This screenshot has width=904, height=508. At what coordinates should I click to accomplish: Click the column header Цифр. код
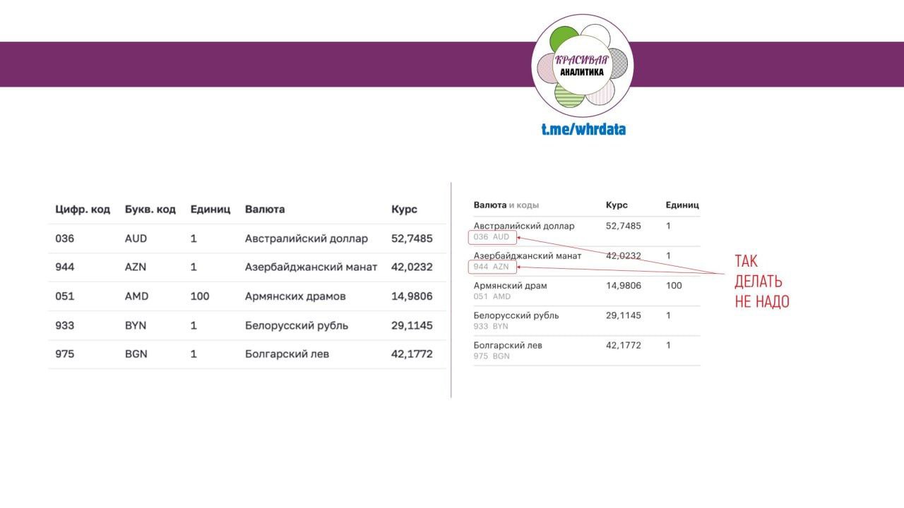(x=83, y=210)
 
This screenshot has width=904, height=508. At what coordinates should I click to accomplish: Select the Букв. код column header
(x=150, y=210)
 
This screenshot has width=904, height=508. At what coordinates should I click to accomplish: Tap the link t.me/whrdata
(x=583, y=129)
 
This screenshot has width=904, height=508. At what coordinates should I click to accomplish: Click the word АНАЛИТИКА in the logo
(x=582, y=72)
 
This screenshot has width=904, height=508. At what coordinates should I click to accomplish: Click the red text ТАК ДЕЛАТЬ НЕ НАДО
(x=761, y=281)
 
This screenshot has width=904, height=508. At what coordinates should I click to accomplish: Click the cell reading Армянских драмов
(x=295, y=296)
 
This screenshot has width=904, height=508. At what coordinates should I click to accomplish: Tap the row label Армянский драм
(x=510, y=286)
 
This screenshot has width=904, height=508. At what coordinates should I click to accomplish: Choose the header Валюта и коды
(x=506, y=205)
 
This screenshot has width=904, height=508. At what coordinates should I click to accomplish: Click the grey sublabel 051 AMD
(x=492, y=297)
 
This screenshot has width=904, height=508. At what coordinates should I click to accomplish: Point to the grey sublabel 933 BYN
(x=491, y=327)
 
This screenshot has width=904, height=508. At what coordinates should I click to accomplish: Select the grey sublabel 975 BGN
(x=491, y=356)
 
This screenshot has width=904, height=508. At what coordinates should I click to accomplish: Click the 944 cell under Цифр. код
(x=64, y=267)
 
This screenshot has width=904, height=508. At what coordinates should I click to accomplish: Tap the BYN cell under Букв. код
(x=136, y=326)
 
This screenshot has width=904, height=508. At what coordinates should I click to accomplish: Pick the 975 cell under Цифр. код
(x=64, y=354)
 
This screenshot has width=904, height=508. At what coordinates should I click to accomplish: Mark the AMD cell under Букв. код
(x=137, y=296)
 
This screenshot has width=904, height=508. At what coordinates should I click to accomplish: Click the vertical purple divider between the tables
(x=451, y=289)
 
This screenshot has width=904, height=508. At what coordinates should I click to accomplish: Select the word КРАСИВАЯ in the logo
(x=582, y=60)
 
